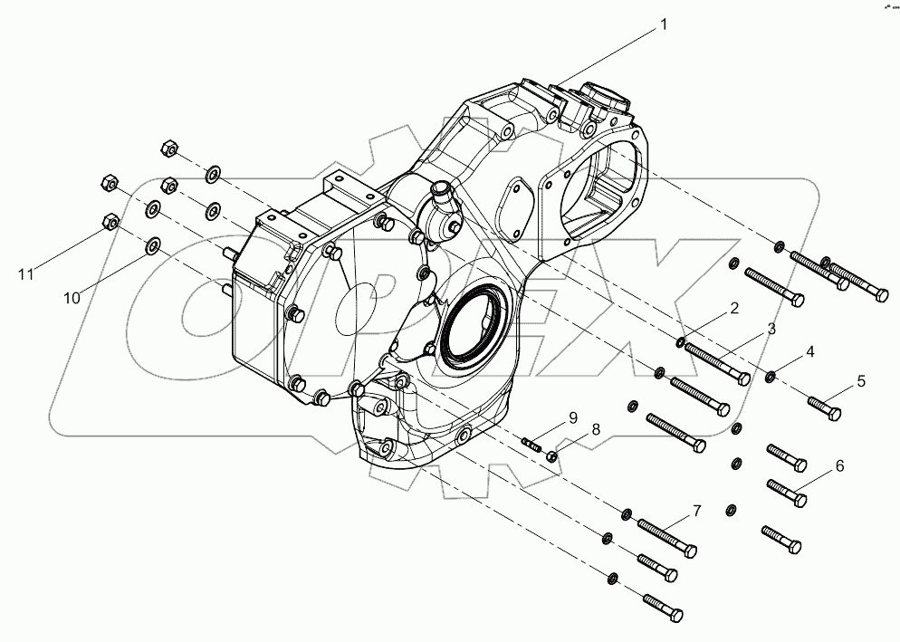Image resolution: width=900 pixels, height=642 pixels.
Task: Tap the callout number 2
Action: pyautogui.click(x=733, y=309)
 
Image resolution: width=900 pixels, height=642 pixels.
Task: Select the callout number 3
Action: pyautogui.click(x=771, y=329)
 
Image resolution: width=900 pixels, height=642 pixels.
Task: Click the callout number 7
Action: pyautogui.click(x=838, y=466)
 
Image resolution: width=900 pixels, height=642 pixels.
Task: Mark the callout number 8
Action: pyautogui.click(x=696, y=512)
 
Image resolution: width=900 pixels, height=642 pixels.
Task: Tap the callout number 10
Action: pyautogui.click(x=571, y=417)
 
